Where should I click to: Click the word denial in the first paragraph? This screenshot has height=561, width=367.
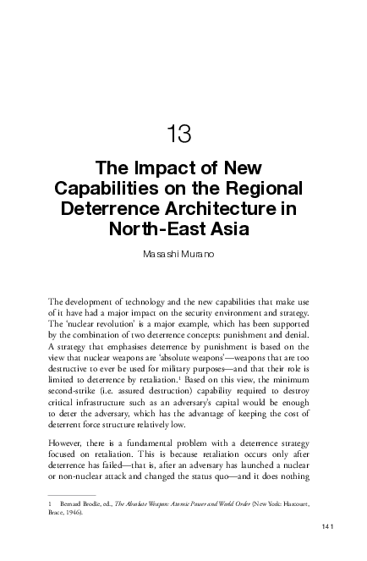(295, 335)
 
